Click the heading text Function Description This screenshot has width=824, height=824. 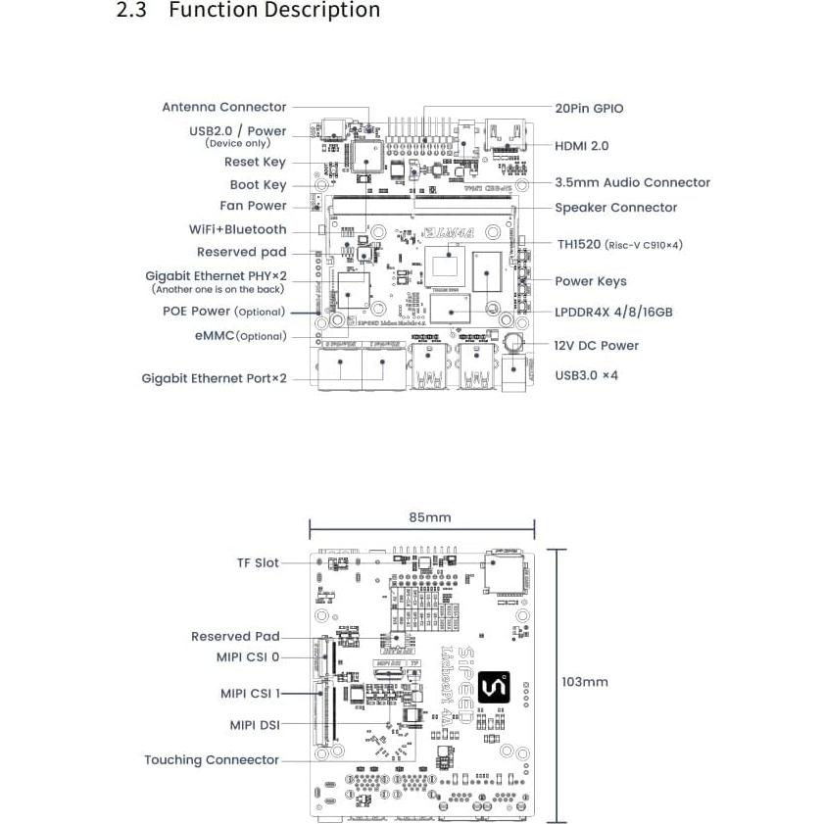tap(274, 11)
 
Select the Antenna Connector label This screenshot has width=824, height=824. tap(224, 107)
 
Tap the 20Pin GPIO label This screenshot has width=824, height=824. tap(589, 109)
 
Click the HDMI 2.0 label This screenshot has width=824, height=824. tap(582, 145)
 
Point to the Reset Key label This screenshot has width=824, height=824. tap(255, 162)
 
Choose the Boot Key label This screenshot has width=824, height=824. tap(258, 184)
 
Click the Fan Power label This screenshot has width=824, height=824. tap(253, 206)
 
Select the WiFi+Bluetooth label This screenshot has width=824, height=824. tap(238, 229)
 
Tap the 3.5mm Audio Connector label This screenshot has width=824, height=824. tap(632, 182)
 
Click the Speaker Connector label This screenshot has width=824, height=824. tap(615, 208)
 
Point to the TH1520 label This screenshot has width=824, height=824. tap(619, 245)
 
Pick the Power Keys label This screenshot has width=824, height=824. tap(590, 281)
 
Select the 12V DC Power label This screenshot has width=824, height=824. tap(596, 345)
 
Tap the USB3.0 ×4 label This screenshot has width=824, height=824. tap(586, 375)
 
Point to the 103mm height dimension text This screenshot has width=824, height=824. tap(585, 682)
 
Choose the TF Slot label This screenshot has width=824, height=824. tap(257, 563)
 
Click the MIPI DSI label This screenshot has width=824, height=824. tap(255, 726)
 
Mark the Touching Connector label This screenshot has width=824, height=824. tap(211, 760)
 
